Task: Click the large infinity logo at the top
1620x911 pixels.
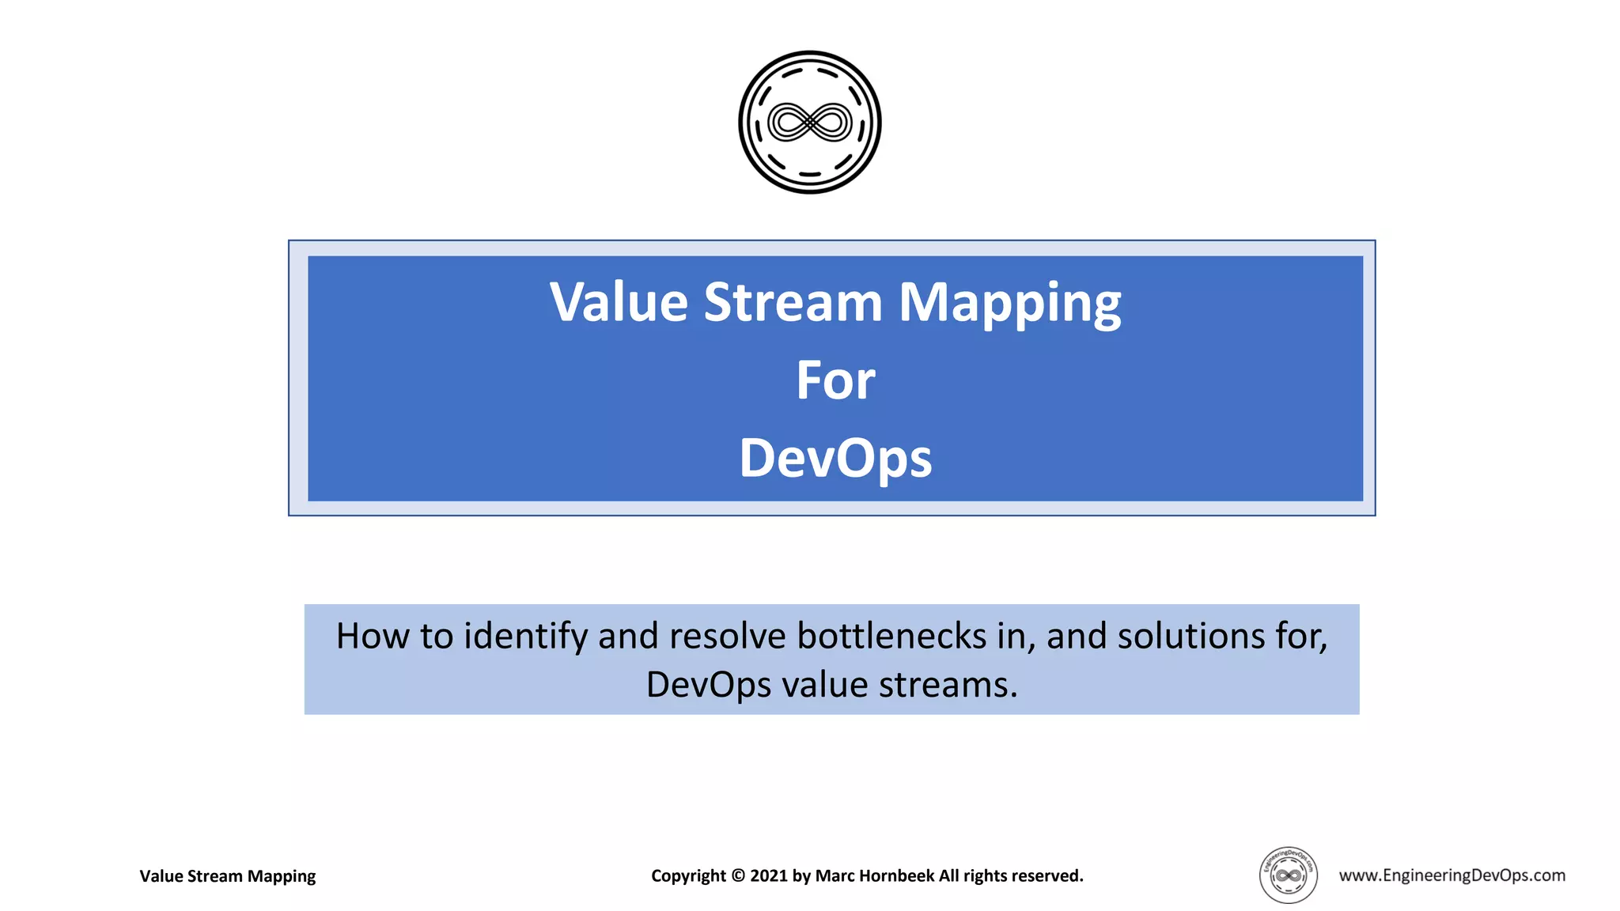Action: pyautogui.click(x=809, y=123)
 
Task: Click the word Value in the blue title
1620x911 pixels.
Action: pyautogui.click(x=619, y=303)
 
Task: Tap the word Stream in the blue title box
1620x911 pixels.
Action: pyautogui.click(x=793, y=303)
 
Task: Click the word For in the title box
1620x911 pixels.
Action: pyautogui.click(x=835, y=381)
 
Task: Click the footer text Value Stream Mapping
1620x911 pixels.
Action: pyautogui.click(x=227, y=876)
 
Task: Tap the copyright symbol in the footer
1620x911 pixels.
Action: pyautogui.click(x=738, y=876)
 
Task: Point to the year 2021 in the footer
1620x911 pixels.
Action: pyautogui.click(x=769, y=876)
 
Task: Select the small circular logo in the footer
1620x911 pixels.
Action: pyautogui.click(x=1288, y=875)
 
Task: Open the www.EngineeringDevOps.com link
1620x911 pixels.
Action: pyautogui.click(x=1452, y=875)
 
